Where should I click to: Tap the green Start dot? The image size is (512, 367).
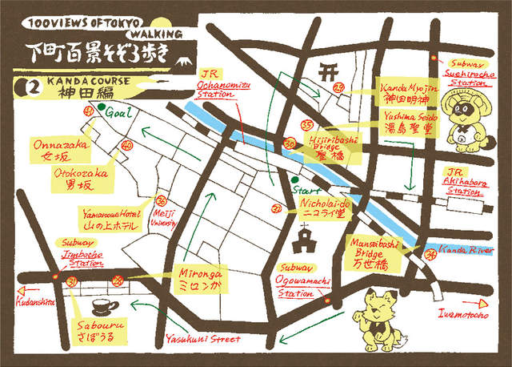294,179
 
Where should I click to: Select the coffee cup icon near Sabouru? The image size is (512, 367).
102,306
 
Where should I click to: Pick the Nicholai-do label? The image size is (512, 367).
322,210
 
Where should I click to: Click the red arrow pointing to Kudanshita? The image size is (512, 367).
14,292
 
